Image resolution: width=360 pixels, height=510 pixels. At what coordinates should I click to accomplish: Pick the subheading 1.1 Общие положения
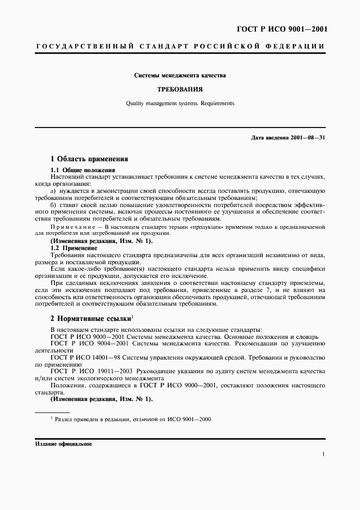[82, 171]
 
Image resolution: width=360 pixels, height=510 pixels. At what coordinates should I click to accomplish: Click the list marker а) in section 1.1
[53, 191]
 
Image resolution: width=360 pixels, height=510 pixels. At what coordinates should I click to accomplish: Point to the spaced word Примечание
[70, 226]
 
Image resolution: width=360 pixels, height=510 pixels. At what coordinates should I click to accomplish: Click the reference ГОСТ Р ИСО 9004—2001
[88, 343]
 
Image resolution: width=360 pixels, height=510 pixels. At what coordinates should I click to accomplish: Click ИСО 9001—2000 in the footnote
[191, 419]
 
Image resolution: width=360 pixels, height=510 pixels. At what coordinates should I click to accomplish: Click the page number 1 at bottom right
[324, 453]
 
